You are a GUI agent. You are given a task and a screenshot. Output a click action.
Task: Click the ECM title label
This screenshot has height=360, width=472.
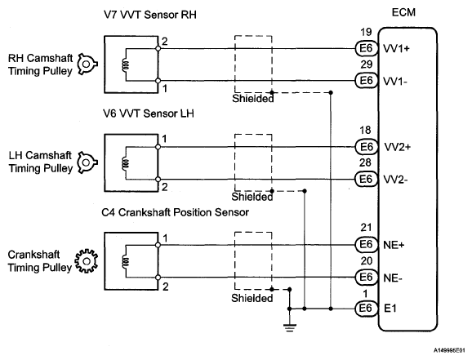403,12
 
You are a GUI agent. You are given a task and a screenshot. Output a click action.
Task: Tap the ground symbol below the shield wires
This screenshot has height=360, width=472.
290,327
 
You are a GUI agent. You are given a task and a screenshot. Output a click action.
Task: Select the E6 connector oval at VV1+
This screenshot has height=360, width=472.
367,48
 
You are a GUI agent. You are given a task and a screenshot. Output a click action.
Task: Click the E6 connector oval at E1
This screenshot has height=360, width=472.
367,309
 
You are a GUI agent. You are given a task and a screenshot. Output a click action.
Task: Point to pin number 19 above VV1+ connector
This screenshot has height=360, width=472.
366,32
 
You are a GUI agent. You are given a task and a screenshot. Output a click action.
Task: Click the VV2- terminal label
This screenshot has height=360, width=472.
396,180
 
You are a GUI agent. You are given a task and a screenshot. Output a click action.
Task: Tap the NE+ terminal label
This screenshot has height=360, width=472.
394,246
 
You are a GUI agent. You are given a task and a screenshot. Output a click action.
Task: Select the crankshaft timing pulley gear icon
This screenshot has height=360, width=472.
87,261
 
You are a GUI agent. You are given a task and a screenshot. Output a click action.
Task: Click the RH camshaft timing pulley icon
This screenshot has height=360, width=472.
87,64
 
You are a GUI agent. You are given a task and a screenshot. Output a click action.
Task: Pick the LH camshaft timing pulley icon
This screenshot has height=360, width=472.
87,162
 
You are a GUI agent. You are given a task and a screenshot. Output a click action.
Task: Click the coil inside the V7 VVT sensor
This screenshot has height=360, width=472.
126,64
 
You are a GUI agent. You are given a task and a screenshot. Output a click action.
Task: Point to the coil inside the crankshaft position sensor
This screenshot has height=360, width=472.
126,261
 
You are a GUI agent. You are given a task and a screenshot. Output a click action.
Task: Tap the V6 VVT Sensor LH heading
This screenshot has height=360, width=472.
149,113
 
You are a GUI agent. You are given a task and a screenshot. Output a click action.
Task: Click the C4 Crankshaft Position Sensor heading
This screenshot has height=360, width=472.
176,212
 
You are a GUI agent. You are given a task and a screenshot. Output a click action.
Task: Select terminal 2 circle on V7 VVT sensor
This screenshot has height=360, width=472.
158,48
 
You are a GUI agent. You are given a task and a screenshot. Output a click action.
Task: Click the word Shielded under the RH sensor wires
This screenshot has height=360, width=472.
253,99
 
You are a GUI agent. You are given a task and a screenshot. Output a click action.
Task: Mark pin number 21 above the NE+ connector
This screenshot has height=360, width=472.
366,228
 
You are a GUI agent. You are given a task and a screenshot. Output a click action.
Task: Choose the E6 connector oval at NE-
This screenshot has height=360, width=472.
367,278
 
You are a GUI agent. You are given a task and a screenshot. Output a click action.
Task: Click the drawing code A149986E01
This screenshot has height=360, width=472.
449,350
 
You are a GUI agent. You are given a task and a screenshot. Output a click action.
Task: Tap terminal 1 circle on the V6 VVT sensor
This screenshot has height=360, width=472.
158,147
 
